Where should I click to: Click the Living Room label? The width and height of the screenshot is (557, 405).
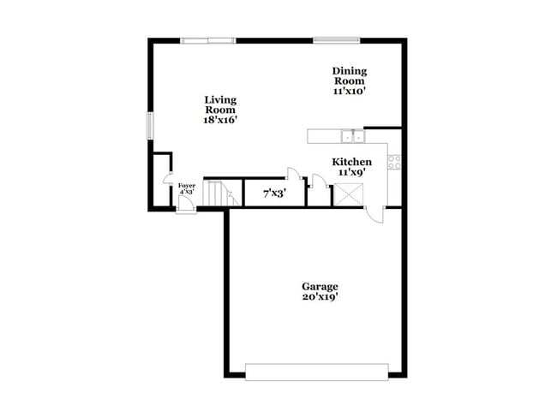[220, 100]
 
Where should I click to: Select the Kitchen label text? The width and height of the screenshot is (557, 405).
[352, 162]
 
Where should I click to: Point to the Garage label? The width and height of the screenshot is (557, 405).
[320, 286]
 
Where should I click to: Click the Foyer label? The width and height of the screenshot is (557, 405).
[186, 186]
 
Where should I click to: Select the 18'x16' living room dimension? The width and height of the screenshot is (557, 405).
[220, 120]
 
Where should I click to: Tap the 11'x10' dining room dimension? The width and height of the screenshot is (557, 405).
[350, 90]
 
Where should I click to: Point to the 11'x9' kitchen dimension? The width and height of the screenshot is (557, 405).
[352, 172]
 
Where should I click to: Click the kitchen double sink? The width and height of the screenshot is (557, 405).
[352, 135]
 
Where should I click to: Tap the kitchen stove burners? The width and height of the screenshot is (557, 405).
[394, 161]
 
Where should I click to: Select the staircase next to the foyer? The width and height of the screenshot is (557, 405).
[221, 194]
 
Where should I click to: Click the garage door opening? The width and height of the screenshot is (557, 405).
[316, 372]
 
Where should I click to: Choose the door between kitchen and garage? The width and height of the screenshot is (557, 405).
[374, 212]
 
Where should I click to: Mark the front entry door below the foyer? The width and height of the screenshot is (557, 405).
[186, 209]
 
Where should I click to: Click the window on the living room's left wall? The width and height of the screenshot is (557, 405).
[150, 125]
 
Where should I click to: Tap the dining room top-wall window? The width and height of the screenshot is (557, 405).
[336, 39]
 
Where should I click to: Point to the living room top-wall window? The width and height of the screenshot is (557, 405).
[207, 39]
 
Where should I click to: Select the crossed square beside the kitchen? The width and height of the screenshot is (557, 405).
[348, 194]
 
